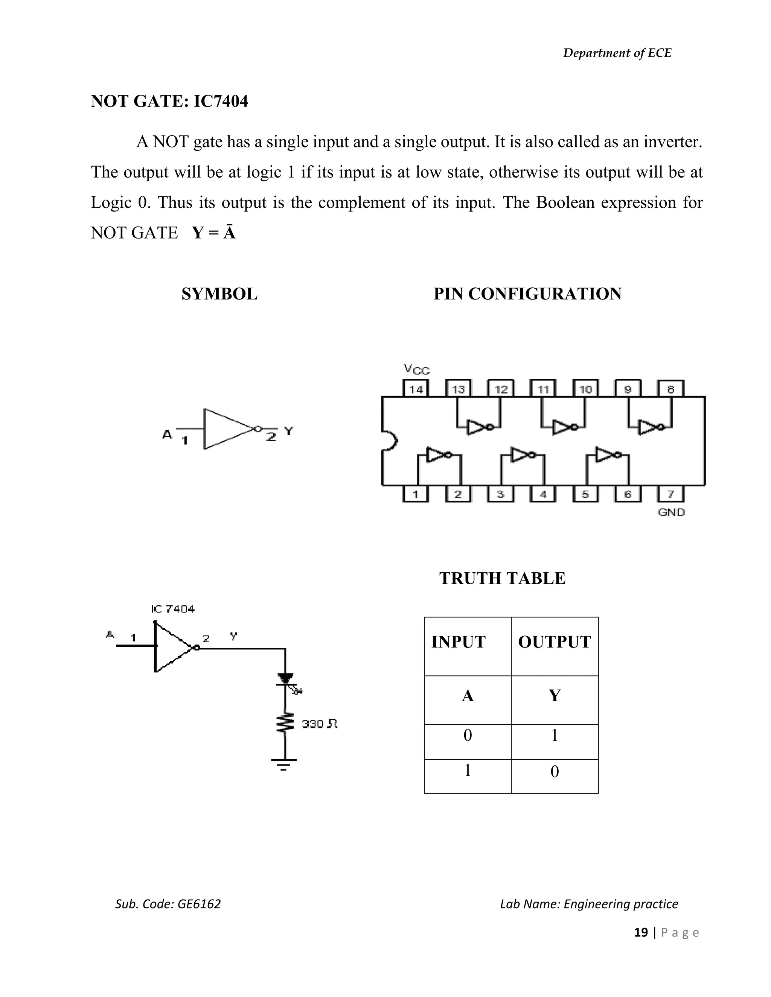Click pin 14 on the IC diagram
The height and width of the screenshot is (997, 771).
tap(416, 389)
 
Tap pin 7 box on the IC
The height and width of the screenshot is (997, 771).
tap(670, 494)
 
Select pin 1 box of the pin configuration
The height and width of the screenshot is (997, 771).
tap(415, 494)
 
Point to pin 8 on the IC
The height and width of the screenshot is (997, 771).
tap(670, 389)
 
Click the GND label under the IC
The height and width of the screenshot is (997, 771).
tap(671, 512)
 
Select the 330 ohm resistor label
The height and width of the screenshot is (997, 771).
tap(319, 724)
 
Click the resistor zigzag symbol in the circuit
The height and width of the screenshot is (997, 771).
tap(285, 723)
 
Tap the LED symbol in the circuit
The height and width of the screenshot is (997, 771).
tap(286, 680)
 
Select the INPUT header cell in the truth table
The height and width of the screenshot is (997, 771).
tap(467, 642)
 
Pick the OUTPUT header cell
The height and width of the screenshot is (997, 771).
tap(554, 642)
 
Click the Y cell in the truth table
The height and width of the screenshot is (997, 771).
tap(554, 696)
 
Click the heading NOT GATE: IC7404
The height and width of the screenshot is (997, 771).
tap(169, 101)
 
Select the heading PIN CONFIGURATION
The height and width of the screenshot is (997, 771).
tap(527, 293)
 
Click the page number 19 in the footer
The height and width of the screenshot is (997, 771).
tap(641, 932)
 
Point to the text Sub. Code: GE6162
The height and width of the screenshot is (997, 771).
tap(168, 904)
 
